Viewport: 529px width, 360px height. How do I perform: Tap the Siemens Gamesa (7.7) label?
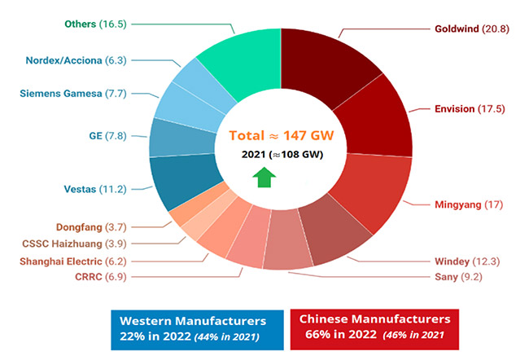72,94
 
